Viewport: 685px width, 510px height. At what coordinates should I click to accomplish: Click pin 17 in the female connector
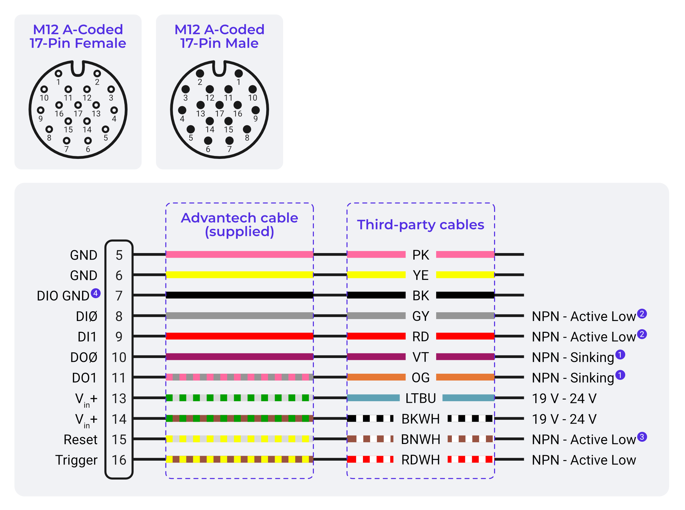78,105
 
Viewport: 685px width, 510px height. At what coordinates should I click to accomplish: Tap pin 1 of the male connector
239,74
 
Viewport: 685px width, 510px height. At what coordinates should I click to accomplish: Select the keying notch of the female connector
78,69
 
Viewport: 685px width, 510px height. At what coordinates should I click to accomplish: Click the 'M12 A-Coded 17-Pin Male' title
219,36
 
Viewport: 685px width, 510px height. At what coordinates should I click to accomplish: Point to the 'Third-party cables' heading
420,225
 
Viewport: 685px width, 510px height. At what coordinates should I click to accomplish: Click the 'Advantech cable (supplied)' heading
239,225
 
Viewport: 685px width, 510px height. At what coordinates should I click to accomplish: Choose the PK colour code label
420,255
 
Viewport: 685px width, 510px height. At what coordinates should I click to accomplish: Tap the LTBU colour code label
420,399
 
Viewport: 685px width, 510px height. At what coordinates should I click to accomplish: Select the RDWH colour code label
420,460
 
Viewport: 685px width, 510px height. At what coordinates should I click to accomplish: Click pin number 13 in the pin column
119,399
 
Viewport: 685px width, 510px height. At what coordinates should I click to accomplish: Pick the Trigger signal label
76,460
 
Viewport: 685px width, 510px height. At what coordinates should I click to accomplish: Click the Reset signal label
80,440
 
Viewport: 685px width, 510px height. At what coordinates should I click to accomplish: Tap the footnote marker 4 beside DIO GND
95,293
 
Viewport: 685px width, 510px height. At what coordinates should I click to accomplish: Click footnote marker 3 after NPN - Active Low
642,437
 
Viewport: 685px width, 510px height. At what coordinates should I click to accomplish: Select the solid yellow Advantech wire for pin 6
239,275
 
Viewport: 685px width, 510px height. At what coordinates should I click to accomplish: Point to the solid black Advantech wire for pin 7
239,295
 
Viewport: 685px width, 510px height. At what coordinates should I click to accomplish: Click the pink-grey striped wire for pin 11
239,377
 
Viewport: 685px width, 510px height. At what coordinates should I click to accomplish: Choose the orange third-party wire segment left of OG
376,377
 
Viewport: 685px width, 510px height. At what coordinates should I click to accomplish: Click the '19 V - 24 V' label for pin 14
564,419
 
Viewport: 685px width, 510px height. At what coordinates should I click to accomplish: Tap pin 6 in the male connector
208,141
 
